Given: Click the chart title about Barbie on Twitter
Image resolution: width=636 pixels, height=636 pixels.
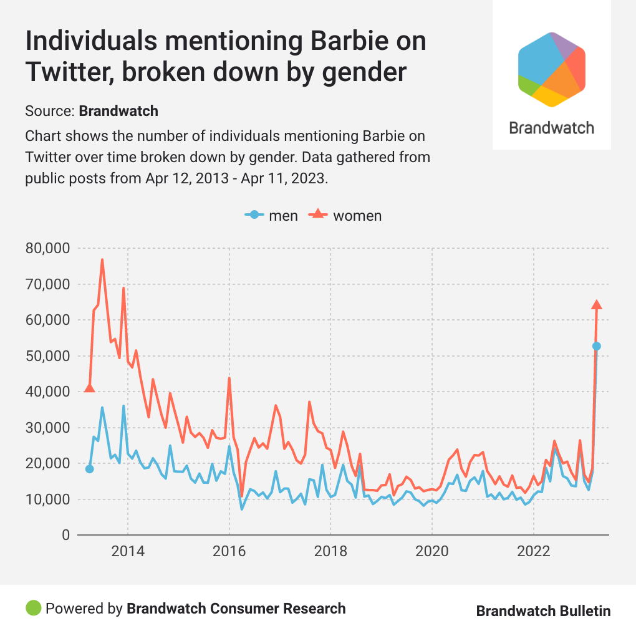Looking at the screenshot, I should pos(226,57).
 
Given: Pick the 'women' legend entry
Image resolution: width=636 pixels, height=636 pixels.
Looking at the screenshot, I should pos(347,216).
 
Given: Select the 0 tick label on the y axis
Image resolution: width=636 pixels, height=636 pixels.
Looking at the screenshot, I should pos(64,535).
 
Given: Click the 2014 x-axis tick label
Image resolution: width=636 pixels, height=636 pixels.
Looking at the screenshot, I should pos(128,552).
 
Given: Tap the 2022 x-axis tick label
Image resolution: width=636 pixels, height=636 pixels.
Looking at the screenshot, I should pos(534,552).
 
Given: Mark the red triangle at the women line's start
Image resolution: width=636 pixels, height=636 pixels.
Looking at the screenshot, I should pos(89,388).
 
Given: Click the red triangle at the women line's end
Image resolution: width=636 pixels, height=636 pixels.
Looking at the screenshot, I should pos(597,304).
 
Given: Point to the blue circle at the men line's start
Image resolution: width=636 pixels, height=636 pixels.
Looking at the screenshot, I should pos(89,469).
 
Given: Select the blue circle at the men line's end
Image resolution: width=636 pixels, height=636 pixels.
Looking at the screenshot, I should pos(597,346).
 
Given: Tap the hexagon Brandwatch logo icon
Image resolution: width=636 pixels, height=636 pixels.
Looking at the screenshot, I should pos(552,69).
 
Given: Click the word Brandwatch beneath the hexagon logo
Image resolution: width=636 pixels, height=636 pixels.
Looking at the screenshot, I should pos(552,128).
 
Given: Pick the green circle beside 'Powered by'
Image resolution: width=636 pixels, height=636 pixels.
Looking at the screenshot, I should pos(34,608).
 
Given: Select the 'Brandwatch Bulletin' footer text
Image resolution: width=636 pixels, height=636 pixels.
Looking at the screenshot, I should pos(543,611).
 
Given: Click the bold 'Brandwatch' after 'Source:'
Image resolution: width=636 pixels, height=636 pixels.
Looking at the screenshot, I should pos(118,112).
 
